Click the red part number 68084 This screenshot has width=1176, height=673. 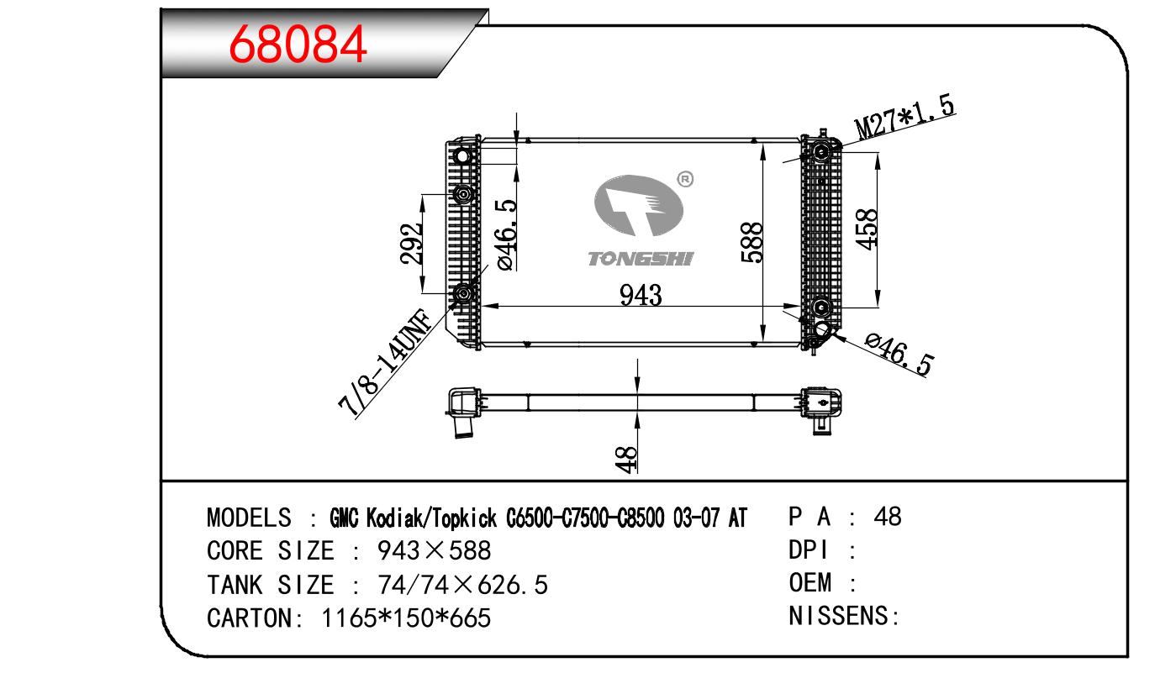[298, 45]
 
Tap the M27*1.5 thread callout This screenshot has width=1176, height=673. [904, 118]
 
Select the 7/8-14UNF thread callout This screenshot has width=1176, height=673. [385, 363]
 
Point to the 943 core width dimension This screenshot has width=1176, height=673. [641, 295]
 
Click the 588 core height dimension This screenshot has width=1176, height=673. [751, 242]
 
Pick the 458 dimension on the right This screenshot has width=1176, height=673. [867, 229]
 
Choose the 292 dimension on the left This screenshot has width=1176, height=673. [411, 244]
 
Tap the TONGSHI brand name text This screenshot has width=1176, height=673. [641, 259]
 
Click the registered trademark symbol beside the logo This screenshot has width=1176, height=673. [685, 180]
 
